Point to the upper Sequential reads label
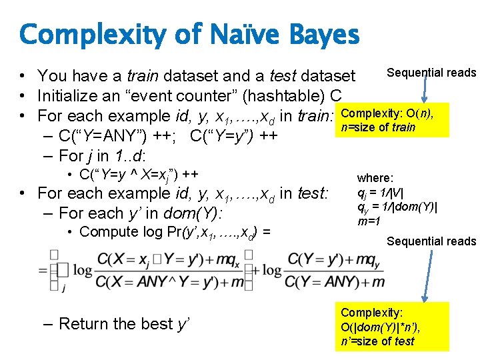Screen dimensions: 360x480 tap(431, 73)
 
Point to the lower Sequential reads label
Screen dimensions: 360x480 tap(431, 241)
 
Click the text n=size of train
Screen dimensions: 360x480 tap(377, 127)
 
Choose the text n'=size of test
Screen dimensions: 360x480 tap(377, 341)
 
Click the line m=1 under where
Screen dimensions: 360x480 tap(369, 221)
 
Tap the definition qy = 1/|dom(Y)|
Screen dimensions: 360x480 tap(397, 207)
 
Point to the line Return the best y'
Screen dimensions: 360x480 tap(124, 324)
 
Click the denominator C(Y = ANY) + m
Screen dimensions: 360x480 tap(334, 282)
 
